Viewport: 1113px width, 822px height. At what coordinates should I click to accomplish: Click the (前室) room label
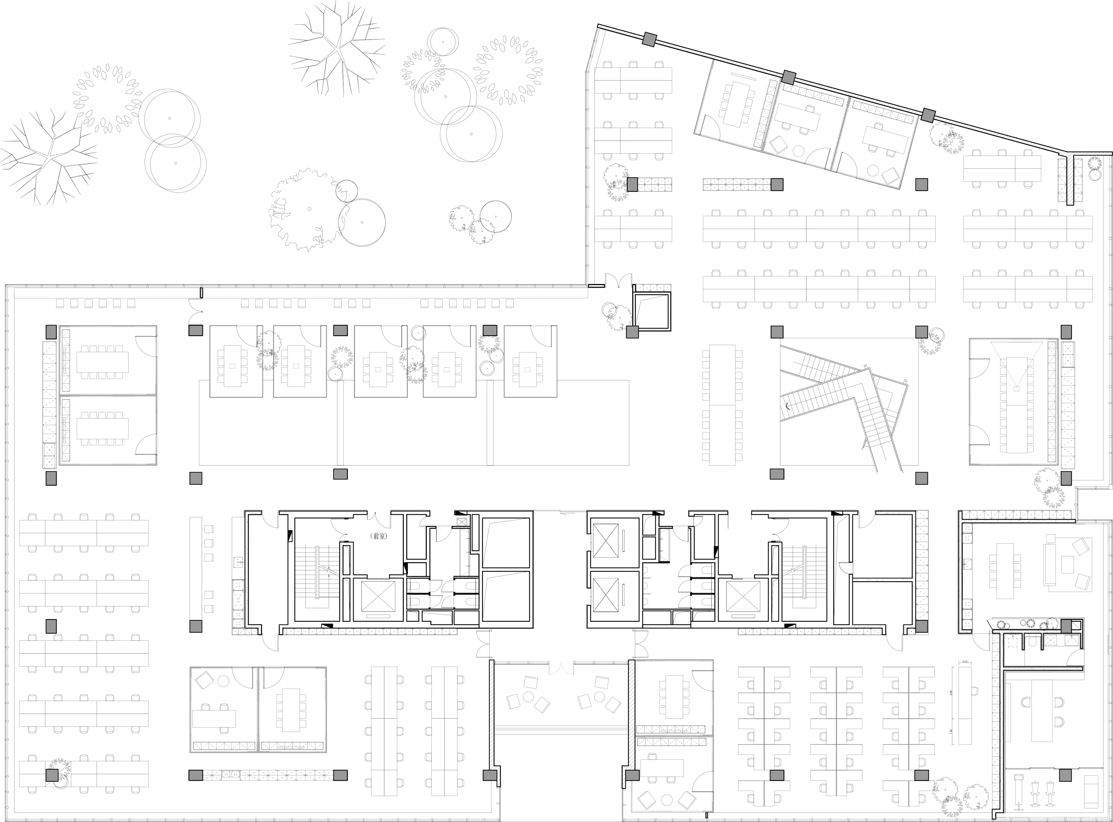pyautogui.click(x=379, y=536)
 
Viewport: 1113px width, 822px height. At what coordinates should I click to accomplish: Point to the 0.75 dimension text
pyautogui.click(x=965, y=662)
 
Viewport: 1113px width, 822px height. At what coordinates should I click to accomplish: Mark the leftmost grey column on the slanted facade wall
pyautogui.click(x=649, y=39)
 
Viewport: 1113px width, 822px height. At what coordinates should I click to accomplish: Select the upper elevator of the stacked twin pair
pyautogui.click(x=606, y=543)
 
